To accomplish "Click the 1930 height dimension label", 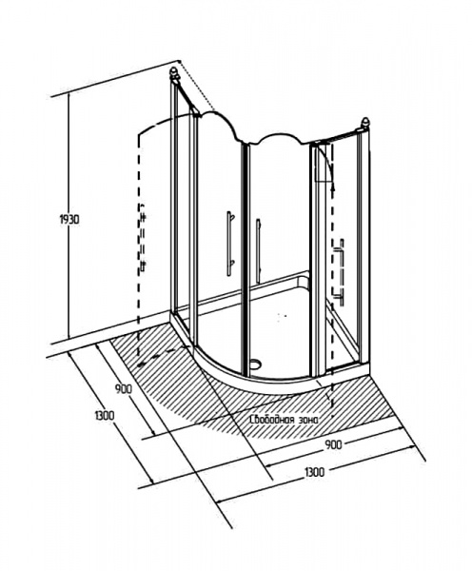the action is [x=69, y=220].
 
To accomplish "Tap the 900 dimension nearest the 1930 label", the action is [x=124, y=389].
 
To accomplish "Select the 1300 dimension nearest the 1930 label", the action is [x=104, y=415].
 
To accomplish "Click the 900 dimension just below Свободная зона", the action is [x=333, y=444].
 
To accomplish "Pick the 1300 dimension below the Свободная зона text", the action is [x=314, y=472].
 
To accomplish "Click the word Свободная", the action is [x=271, y=420].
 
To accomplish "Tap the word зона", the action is [x=309, y=420].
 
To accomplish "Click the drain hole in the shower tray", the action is [x=257, y=363].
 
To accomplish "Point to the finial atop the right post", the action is [x=364, y=123].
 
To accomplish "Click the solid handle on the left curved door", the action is [x=229, y=244].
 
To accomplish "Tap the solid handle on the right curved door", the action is [x=258, y=251].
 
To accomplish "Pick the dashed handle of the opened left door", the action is [x=143, y=238].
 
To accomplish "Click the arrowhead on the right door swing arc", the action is [x=332, y=187].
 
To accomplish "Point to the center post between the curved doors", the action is [x=246, y=259].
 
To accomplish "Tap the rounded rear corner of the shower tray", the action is [x=303, y=280].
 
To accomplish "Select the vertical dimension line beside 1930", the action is [x=69, y=215].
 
